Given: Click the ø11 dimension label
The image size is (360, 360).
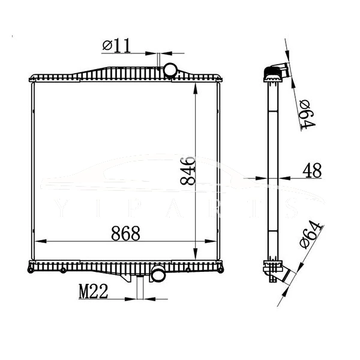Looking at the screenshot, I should pyautogui.click(x=117, y=45).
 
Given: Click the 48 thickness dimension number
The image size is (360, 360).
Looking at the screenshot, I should pyautogui.click(x=312, y=170).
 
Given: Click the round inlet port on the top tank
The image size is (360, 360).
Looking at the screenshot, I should pyautogui.click(x=171, y=70).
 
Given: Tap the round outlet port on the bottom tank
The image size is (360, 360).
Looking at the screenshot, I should pyautogui.click(x=158, y=275).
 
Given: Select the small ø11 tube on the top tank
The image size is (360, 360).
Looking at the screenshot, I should pyautogui.click(x=157, y=61).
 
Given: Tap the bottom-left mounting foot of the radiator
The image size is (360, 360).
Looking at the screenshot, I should pyautogui.click(x=30, y=270).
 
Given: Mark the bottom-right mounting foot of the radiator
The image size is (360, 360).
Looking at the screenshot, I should pyautogui.click(x=223, y=269).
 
